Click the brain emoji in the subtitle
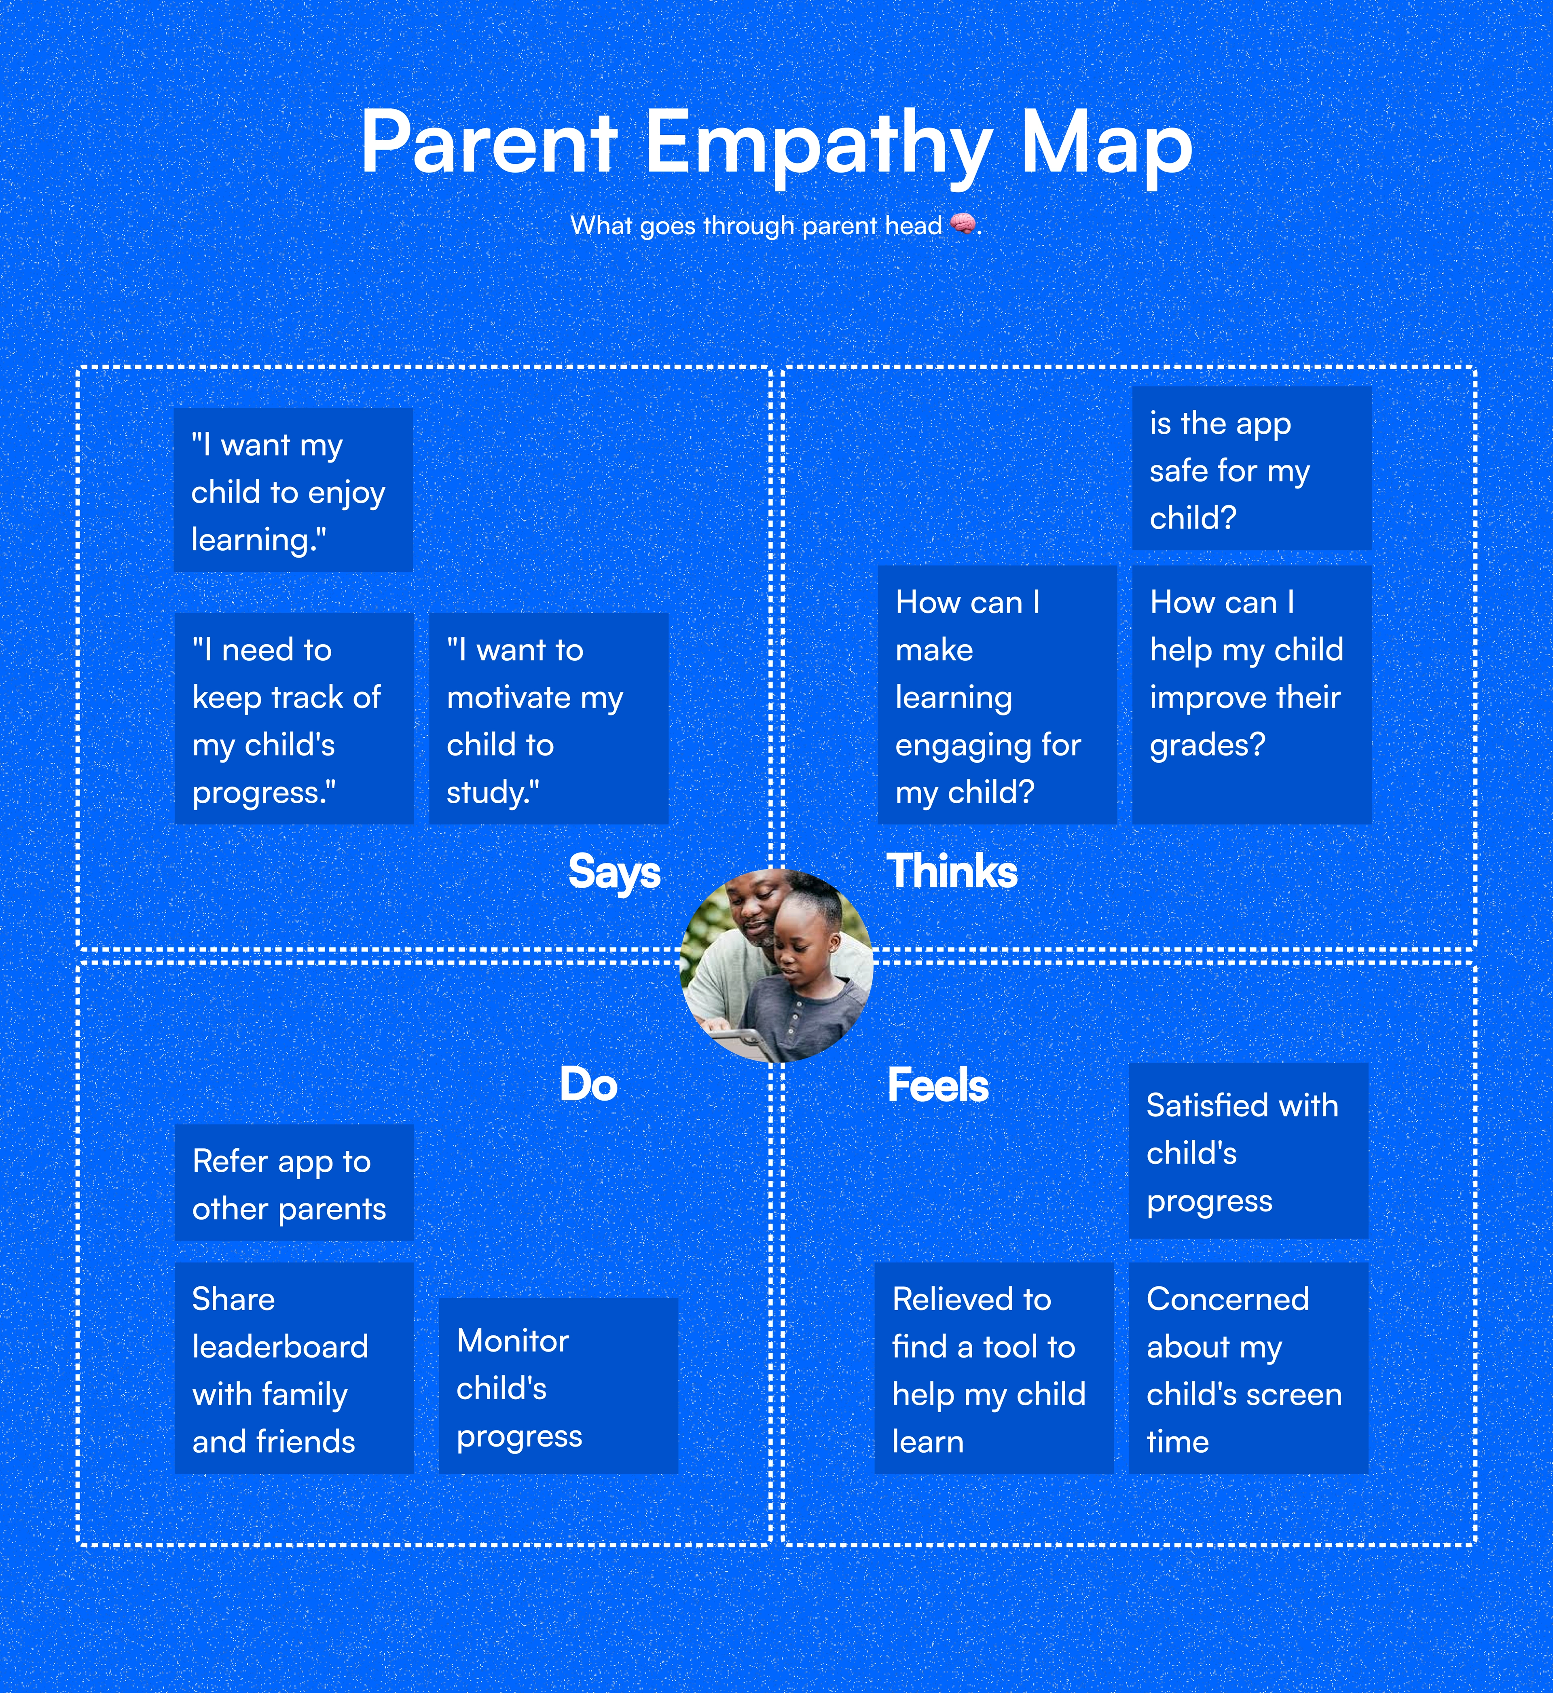(963, 225)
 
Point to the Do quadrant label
(588, 1084)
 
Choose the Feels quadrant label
(938, 1084)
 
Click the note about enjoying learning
(293, 490)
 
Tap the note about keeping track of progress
(294, 719)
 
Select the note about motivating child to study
(549, 719)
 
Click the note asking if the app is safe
(1251, 468)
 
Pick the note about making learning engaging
(997, 695)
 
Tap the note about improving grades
(1251, 695)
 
